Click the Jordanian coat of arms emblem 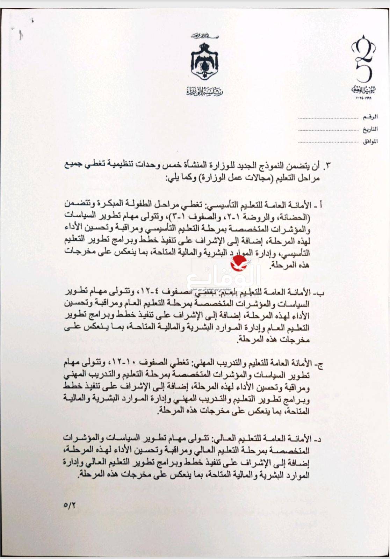pyautogui.click(x=204, y=61)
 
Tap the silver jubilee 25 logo pyautogui.click(x=363, y=59)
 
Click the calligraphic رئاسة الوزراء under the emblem pyautogui.click(x=204, y=92)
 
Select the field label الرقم pyautogui.click(x=370, y=117)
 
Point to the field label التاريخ pyautogui.click(x=369, y=129)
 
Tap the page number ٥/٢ pyautogui.click(x=70, y=505)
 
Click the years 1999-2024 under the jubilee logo pyautogui.click(x=364, y=98)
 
